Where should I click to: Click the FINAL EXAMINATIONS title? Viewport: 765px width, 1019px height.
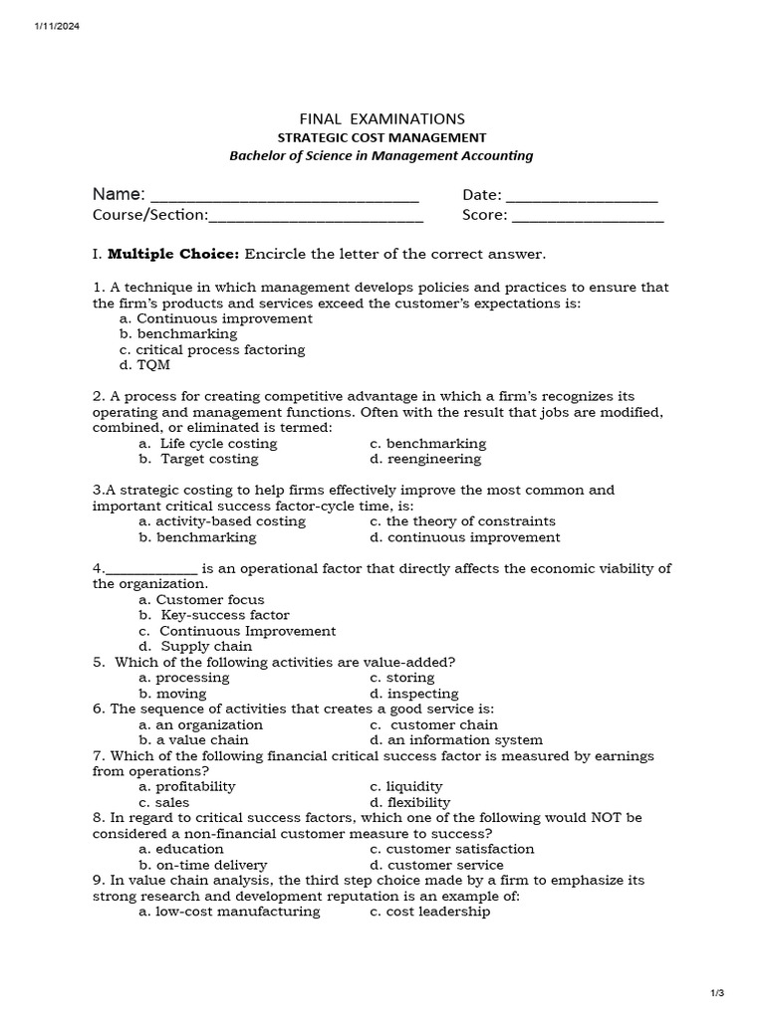382,118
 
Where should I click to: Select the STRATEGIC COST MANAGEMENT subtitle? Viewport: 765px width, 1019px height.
382,137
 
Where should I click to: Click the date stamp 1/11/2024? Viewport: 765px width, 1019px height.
56,26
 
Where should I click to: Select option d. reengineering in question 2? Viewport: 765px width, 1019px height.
424,459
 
